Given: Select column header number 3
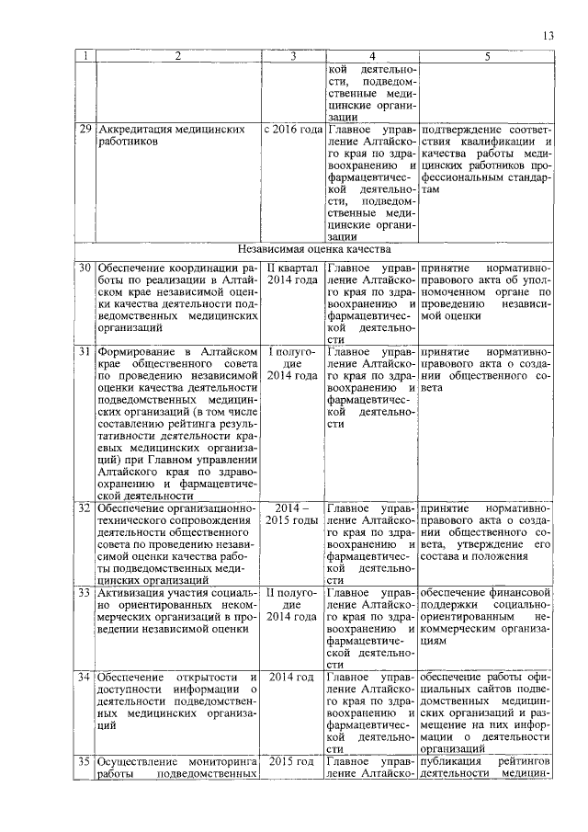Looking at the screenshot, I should pos(292,56).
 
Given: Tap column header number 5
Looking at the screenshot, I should pos(488,56).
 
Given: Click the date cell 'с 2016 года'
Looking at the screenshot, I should pos(292,130).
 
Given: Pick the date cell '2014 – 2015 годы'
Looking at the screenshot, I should pos(292,514).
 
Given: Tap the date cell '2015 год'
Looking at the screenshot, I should pos(292,761).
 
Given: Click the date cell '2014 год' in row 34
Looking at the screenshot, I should pos(292,677).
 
